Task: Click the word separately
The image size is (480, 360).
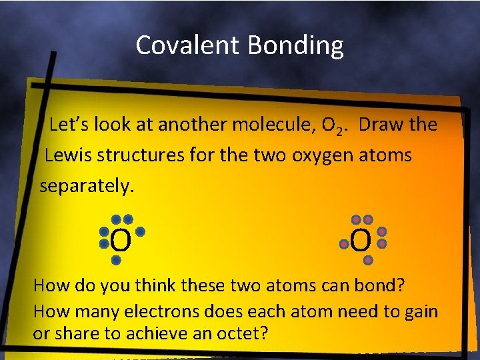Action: pyautogui.click(x=87, y=186)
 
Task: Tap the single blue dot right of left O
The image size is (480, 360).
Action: pyautogui.click(x=141, y=231)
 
